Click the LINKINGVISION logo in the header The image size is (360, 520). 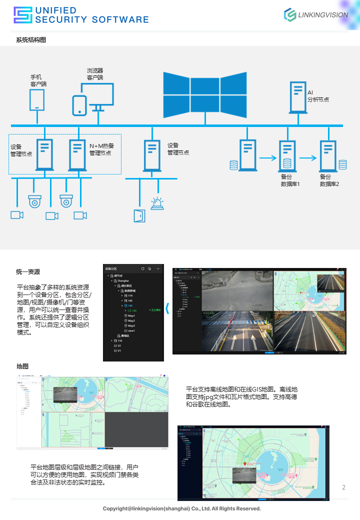[316, 14]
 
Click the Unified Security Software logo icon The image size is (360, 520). [22, 15]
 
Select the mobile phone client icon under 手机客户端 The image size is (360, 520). [36, 99]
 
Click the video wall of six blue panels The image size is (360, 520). [205, 94]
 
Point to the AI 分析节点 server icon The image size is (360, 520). [298, 96]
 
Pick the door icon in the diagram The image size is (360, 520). [139, 215]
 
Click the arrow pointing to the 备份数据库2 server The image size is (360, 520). [309, 158]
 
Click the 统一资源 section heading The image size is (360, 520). [28, 272]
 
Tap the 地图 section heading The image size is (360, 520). [22, 366]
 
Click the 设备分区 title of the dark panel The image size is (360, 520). [115, 269]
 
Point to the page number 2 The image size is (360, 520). [343, 487]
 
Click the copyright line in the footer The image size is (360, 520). [182, 508]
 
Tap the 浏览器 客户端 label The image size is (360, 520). [95, 74]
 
